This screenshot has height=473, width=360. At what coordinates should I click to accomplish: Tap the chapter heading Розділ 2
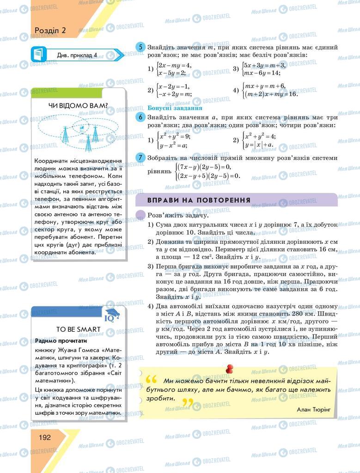click(50, 30)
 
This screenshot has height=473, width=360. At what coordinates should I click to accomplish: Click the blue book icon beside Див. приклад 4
click(37, 55)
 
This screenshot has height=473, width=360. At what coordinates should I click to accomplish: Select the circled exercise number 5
click(140, 47)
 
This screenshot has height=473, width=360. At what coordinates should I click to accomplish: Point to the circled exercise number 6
click(140, 117)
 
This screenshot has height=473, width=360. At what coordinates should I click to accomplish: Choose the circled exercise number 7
click(140, 158)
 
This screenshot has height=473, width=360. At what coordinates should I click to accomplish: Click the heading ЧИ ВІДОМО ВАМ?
click(78, 106)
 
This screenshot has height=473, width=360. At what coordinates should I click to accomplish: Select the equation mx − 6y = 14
click(262, 73)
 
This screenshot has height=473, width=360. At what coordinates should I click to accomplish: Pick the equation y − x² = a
click(173, 145)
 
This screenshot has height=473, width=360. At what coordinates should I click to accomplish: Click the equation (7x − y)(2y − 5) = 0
click(204, 167)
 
